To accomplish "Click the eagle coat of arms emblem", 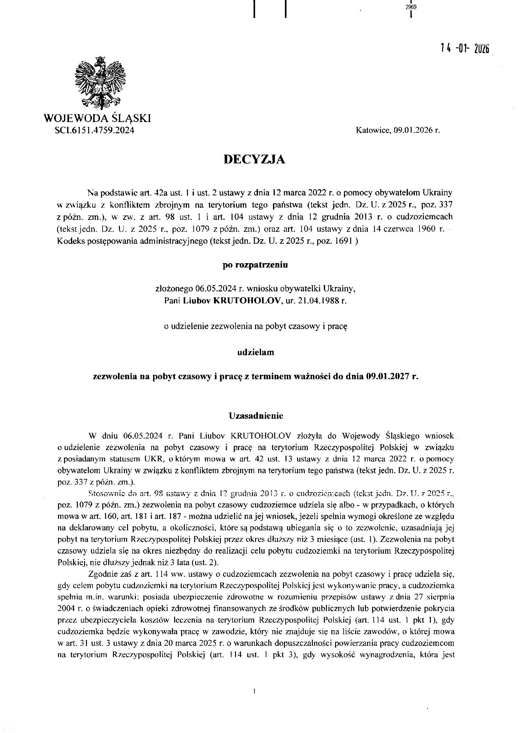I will [x=100, y=84].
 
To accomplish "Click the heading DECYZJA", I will [x=254, y=159].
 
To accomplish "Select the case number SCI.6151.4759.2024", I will [x=94, y=130].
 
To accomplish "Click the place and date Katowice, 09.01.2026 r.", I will [x=398, y=130].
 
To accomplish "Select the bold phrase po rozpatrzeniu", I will [x=255, y=265].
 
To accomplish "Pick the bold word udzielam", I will [x=255, y=352].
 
